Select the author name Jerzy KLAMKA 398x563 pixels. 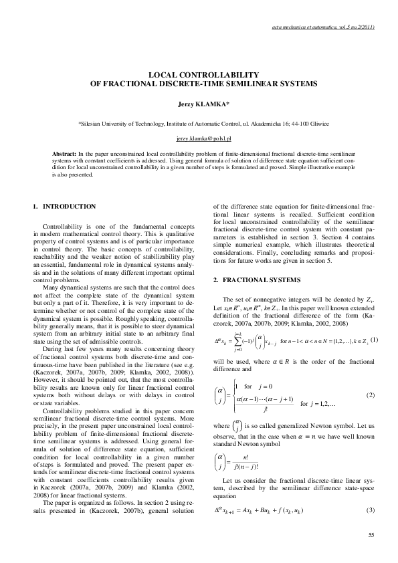(x=199, y=105)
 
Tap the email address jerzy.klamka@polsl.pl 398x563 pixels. (x=199, y=138)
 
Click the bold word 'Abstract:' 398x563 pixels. (x=65, y=153)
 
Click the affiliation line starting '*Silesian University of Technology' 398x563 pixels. (x=199, y=124)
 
